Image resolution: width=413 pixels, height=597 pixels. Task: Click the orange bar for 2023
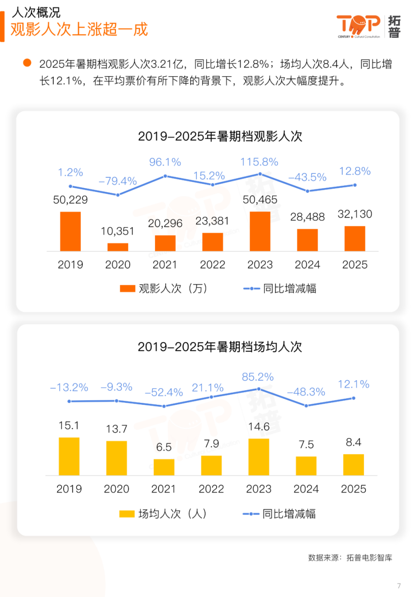click(x=260, y=231)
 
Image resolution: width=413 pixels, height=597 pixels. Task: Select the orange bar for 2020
click(x=118, y=247)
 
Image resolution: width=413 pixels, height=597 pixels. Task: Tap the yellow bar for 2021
click(x=164, y=467)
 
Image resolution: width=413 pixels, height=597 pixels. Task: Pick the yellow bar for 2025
click(x=353, y=465)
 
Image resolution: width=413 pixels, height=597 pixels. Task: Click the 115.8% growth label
click(x=259, y=162)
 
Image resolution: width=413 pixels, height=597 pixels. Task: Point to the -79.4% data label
click(x=118, y=181)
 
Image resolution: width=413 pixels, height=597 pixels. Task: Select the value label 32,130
click(x=355, y=214)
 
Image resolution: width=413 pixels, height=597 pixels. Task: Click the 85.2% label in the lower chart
click(x=258, y=377)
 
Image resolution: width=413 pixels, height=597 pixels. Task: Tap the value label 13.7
click(x=116, y=429)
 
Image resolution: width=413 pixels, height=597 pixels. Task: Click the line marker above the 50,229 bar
click(x=71, y=186)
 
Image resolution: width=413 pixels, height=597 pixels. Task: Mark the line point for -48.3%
click(x=306, y=405)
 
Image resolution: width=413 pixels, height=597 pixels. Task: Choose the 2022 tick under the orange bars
click(x=212, y=265)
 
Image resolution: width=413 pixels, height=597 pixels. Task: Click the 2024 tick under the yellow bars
click(x=306, y=489)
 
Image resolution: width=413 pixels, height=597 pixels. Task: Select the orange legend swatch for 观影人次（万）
click(x=127, y=288)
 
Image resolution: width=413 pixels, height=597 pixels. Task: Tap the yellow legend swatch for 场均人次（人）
click(x=127, y=514)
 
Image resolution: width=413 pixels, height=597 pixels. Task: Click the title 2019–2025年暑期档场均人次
click(x=220, y=347)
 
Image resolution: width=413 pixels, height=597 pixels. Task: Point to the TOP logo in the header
click(x=358, y=26)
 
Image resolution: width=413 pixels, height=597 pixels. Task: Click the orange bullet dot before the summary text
click(x=27, y=63)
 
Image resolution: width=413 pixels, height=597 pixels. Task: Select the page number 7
click(x=399, y=586)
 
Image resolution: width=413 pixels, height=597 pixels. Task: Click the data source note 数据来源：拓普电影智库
click(x=350, y=558)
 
